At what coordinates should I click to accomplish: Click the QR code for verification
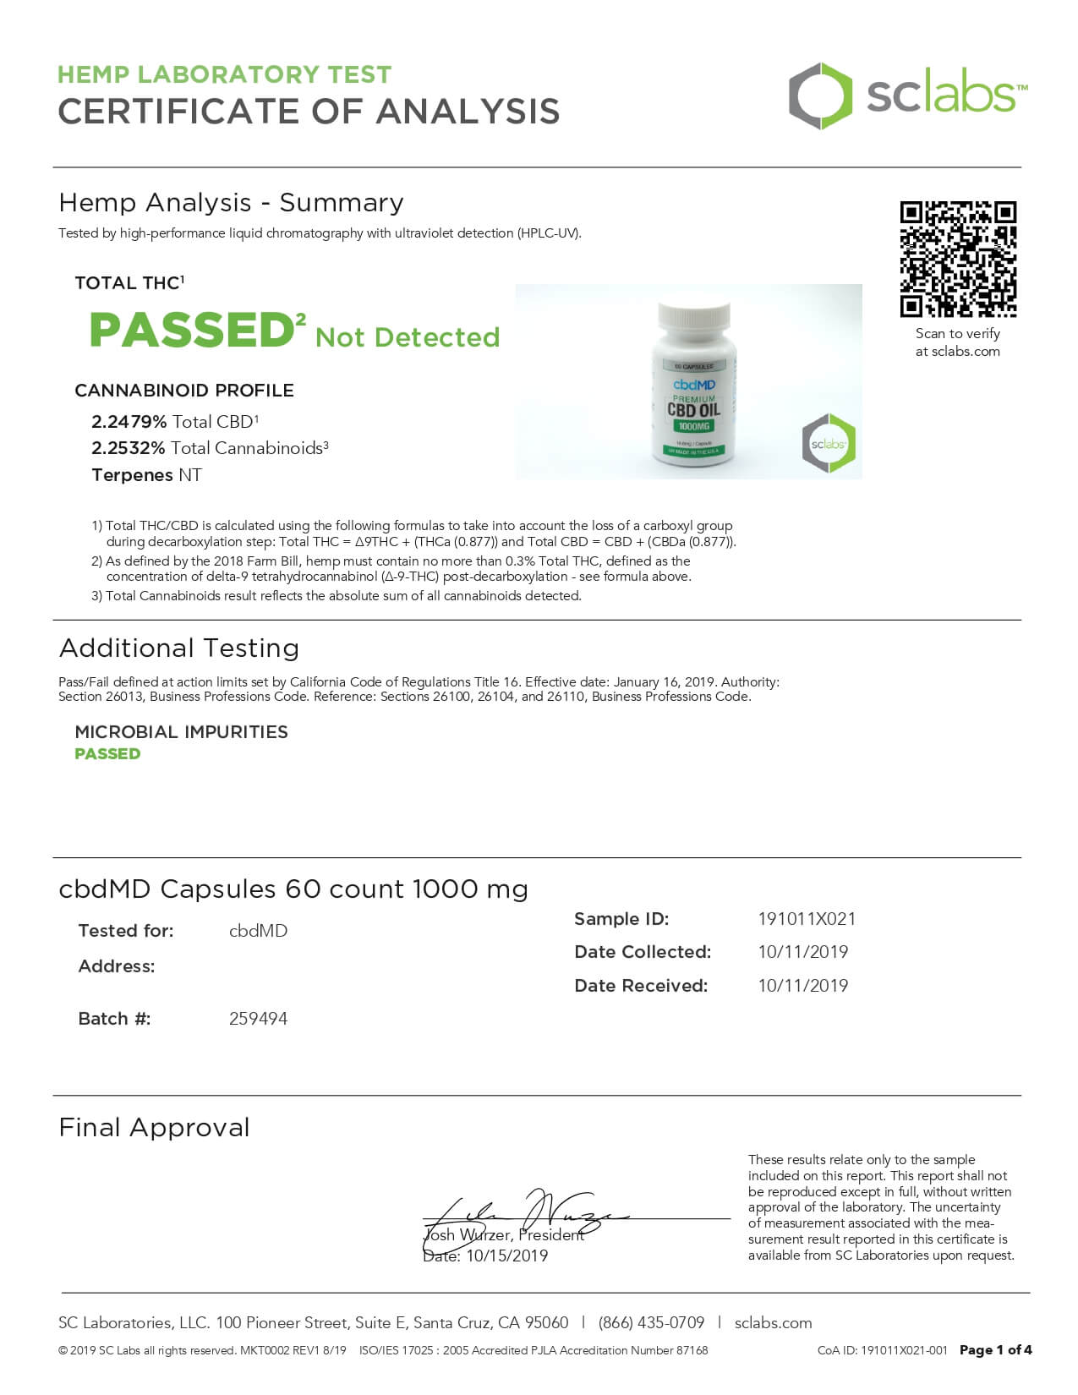[958, 259]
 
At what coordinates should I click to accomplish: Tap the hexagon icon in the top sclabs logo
[820, 96]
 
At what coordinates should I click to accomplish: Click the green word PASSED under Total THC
[192, 330]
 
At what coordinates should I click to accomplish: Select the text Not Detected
[408, 337]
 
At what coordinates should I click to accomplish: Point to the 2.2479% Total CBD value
[129, 422]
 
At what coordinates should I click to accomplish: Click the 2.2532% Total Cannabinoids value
[129, 448]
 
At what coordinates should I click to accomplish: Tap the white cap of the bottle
[693, 316]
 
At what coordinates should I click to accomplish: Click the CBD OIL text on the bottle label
[693, 411]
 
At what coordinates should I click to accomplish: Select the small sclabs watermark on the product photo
[829, 443]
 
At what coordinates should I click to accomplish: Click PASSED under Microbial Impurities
[107, 754]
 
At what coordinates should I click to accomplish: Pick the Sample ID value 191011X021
[807, 919]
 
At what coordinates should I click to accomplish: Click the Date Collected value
[802, 952]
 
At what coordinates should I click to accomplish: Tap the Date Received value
[802, 986]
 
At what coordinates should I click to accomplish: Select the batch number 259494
[258, 1019]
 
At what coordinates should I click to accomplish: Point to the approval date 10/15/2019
[506, 1256]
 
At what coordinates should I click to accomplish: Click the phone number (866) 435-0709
[651, 1323]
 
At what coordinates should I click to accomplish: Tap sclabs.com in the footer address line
[773, 1323]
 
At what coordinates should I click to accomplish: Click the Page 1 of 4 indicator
[995, 1350]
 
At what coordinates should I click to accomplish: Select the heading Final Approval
[155, 1128]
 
